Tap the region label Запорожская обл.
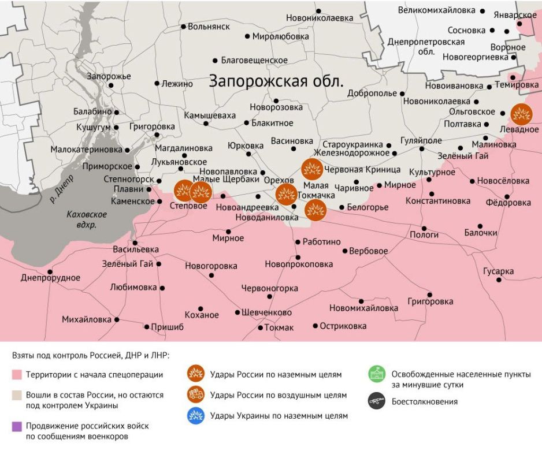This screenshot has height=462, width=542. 276,80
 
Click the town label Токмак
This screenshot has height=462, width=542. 279,327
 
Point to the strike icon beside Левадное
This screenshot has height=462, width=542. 521,114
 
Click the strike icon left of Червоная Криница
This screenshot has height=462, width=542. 312,169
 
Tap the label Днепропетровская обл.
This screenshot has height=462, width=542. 426,46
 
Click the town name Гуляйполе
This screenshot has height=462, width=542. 422,140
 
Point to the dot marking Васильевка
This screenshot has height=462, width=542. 135,243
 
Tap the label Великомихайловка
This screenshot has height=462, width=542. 437,10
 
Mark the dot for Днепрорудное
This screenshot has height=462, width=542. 50,271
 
